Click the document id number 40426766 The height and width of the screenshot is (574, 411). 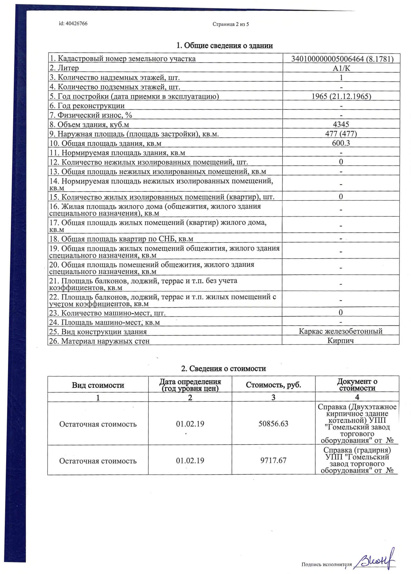pos(77,24)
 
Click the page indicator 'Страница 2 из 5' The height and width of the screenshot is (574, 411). pos(231,24)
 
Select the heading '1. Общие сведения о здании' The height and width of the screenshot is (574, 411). pos(225,45)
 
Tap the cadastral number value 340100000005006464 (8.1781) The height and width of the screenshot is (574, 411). pos(342,59)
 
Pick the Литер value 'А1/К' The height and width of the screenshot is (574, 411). pos(341,68)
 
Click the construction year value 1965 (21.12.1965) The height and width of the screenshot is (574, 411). pos(341,96)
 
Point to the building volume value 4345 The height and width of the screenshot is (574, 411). pos(341,125)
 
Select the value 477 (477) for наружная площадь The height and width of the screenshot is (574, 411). pos(341,134)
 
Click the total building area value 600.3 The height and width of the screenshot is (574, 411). pos(341,143)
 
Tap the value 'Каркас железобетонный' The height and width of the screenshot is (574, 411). pos(340,331)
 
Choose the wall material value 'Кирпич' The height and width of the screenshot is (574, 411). pos(340,340)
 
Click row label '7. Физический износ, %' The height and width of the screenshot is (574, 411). pos(91,115)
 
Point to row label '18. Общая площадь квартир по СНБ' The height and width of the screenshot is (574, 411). pos(121,239)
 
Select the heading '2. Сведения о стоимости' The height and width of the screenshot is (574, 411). pos(224,368)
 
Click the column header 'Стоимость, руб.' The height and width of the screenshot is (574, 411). pos(273,385)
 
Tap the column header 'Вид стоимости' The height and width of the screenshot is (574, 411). pos(98,385)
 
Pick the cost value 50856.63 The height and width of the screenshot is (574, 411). pos(273,424)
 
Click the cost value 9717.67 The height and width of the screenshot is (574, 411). pos(273,460)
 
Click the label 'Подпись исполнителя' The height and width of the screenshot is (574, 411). pos(327,564)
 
